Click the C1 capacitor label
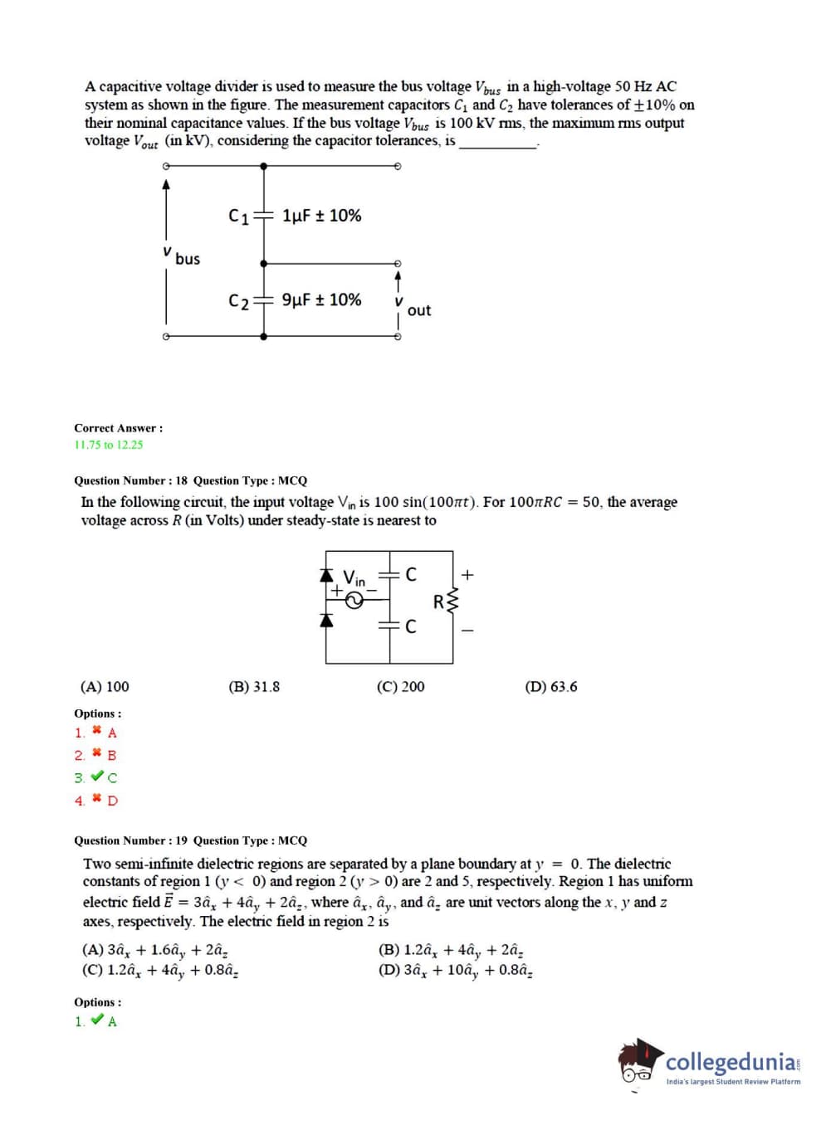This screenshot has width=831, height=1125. pos(238,217)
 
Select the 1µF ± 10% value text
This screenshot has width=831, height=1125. pos(321,216)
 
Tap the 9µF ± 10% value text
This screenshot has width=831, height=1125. pos(321,300)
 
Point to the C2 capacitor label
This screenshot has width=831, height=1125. pos(238,301)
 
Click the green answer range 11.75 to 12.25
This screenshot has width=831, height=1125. pos(109,445)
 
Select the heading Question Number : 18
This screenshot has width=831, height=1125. pos(131,480)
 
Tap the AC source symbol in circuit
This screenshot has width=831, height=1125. pos(354,601)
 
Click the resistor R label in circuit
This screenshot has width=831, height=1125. pos(438,601)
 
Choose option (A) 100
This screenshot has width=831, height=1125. pos(105,687)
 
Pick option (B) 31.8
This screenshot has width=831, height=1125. pos(254,687)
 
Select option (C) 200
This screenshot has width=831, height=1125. pos(400,687)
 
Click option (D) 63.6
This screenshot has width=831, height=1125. pos(551,687)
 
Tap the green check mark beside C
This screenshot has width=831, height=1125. pos(97,777)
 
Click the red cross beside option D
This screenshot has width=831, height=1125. pos(97,800)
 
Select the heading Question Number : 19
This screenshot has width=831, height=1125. pos(131,840)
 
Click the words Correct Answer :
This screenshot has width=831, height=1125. pos(119,428)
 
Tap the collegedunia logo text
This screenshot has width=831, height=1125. pos(731,1062)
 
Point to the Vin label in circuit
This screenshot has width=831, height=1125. pos(354,577)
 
